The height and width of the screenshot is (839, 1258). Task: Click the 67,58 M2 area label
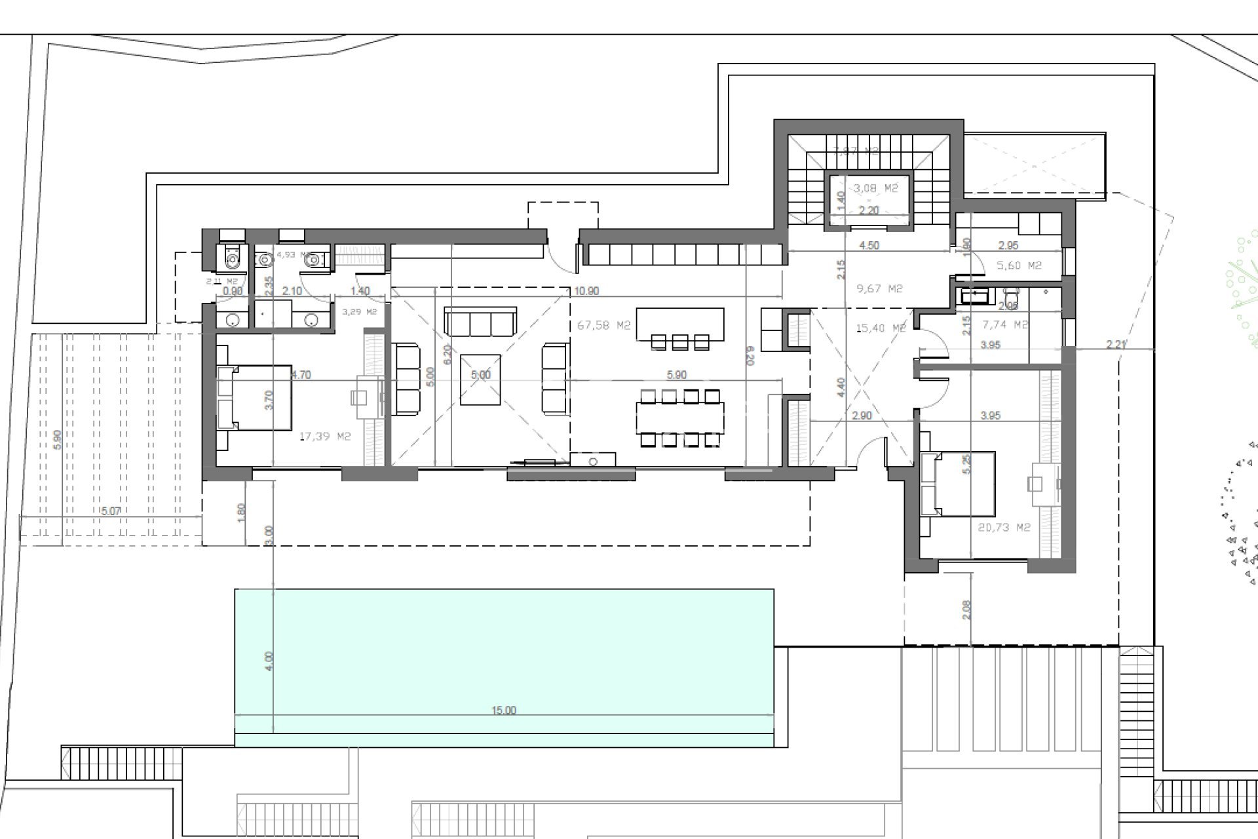coord(603,325)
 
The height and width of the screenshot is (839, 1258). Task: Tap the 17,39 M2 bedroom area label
coord(325,437)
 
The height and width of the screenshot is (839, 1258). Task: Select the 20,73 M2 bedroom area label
coord(1004,527)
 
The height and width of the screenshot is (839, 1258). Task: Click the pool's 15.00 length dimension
coord(504,711)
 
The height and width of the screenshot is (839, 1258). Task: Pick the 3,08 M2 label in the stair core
coord(875,188)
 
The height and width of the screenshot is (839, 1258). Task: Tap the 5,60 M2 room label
coord(1019,265)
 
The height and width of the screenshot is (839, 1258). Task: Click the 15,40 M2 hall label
coord(881,328)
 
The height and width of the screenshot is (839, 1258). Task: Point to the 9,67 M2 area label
coord(879,288)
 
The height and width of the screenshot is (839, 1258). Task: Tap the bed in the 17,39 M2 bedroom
coord(255,398)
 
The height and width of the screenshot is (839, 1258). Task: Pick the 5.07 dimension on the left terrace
coord(111,511)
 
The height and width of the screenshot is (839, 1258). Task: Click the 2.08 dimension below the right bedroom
coord(966,610)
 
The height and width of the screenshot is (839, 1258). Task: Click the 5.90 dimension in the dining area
coord(676,375)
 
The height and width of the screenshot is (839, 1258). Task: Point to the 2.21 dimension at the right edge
coord(1116,344)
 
